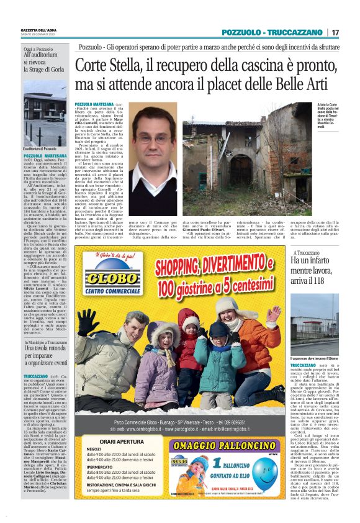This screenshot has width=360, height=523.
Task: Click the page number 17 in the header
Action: coord(335,32)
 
